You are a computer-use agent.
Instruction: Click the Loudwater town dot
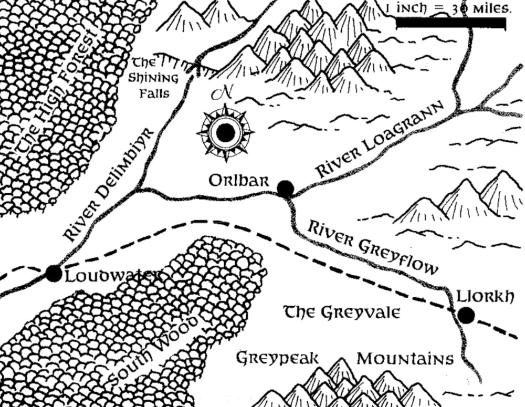pos(54,273)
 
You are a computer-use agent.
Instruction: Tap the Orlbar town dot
pos(285,187)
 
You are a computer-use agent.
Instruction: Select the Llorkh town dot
pos(466,315)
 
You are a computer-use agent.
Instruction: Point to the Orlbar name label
pos(239,181)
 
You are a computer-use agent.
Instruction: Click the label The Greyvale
pos(342,312)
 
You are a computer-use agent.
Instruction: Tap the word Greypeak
pos(277,359)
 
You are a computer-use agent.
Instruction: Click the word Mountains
pos(405,359)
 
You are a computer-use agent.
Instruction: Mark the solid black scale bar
pos(450,23)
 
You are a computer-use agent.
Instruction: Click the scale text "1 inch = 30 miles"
pos(448,8)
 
